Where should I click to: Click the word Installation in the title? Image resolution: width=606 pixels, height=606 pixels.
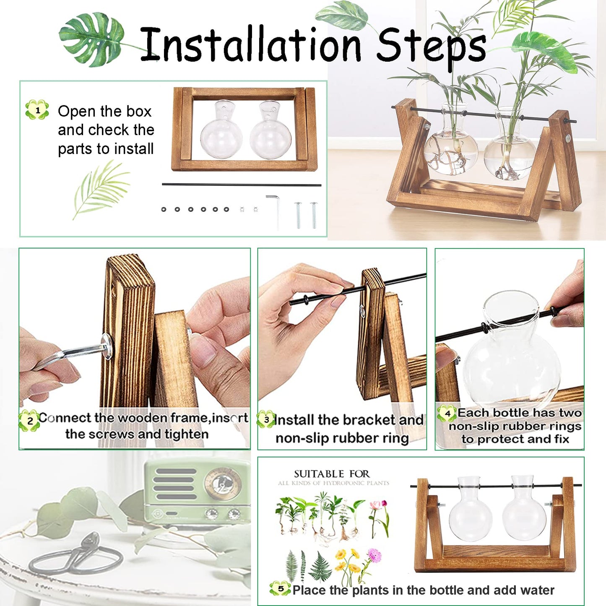250,44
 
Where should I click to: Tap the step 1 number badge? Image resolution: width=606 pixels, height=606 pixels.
37,110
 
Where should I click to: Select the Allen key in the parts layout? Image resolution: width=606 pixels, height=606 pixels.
275,210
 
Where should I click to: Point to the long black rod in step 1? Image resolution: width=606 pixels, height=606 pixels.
241,185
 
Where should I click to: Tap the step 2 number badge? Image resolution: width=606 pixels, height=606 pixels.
30,421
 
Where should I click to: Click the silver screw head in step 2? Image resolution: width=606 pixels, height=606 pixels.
108,346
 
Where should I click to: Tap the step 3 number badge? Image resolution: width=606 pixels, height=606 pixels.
266,419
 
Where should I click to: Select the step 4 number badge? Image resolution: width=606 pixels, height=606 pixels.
447,414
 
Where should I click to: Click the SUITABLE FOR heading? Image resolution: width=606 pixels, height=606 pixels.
331,474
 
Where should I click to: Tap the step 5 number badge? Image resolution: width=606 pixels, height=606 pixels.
280,588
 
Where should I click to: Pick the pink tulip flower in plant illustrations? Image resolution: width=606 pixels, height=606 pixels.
379,507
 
